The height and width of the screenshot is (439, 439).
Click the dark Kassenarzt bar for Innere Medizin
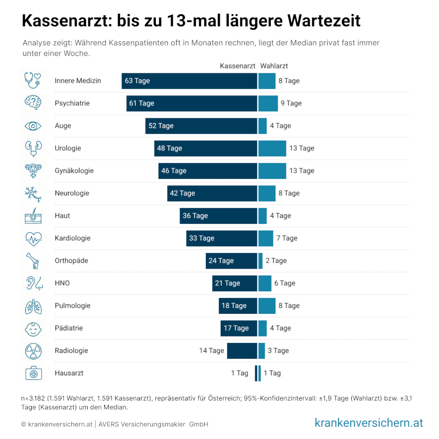pos(189,81)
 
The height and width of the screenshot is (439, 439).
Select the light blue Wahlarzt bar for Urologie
pos(272,148)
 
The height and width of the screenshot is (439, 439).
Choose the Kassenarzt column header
pos(238,66)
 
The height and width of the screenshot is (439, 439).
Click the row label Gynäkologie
pos(74,171)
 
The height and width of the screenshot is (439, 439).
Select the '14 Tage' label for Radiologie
pos(211,351)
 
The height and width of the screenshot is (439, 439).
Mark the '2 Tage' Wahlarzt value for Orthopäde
pos(276,261)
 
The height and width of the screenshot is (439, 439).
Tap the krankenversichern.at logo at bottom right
pos(369,423)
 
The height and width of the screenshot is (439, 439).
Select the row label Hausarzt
pos(69,373)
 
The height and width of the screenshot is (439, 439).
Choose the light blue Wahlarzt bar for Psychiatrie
pos(268,103)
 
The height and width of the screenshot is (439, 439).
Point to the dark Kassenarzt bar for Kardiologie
pos(222,238)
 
